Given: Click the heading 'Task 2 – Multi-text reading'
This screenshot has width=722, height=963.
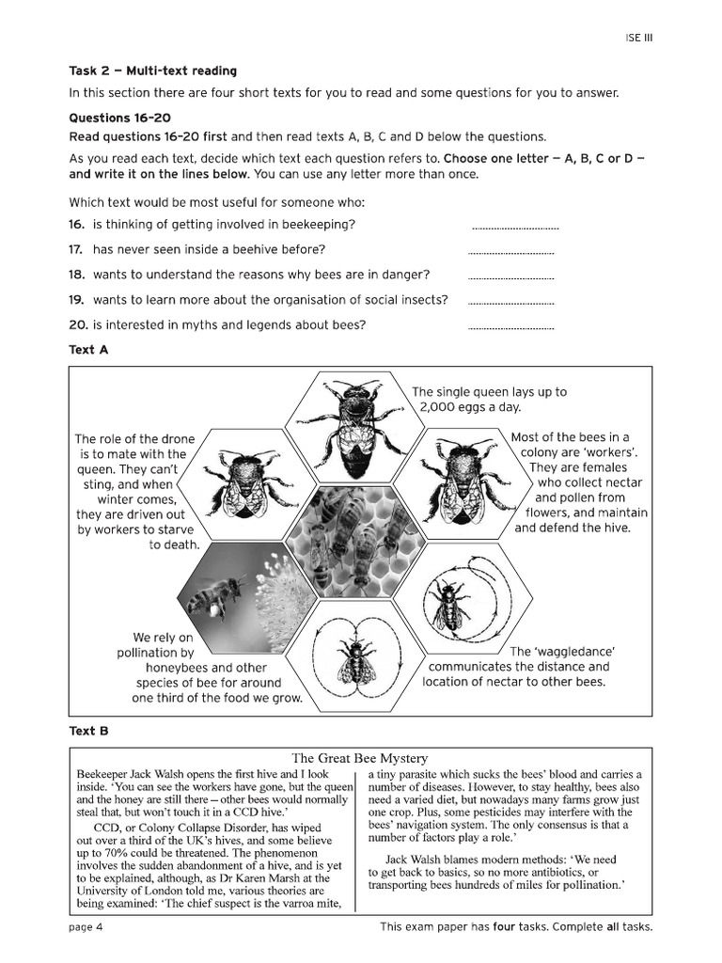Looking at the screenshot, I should [152, 71].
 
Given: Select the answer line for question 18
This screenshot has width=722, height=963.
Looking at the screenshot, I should [510, 278].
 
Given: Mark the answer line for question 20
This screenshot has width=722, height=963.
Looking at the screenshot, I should [510, 328].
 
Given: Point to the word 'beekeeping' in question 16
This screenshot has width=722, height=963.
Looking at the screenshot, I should [320, 225].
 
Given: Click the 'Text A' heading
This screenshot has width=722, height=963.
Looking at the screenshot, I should [89, 350].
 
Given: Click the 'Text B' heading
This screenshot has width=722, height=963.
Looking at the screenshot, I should [89, 730].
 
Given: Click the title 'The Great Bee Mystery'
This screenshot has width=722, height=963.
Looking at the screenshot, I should [360, 758].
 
